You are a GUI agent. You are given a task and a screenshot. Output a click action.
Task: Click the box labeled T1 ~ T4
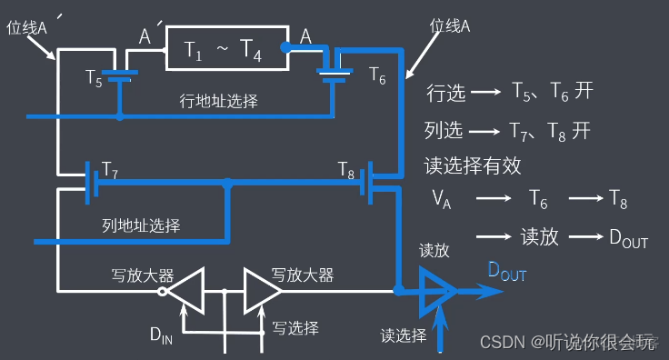pyautogui.click(x=223, y=54)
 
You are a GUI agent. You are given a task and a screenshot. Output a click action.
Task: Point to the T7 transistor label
pyautogui.click(x=110, y=169)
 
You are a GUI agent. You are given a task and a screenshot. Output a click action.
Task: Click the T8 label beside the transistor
pyautogui.click(x=346, y=169)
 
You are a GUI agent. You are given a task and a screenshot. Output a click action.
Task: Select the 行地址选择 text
pyautogui.click(x=218, y=101)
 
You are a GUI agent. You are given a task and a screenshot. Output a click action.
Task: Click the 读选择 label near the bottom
pyautogui.click(x=404, y=335)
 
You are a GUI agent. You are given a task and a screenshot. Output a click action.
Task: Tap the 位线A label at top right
pyautogui.click(x=449, y=27)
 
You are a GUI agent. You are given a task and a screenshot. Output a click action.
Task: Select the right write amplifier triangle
pyautogui.click(x=262, y=291)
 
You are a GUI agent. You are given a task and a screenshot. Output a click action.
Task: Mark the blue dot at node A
pyautogui.click(x=285, y=45)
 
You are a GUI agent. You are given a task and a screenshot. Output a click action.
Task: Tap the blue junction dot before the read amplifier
pyautogui.click(x=399, y=291)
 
